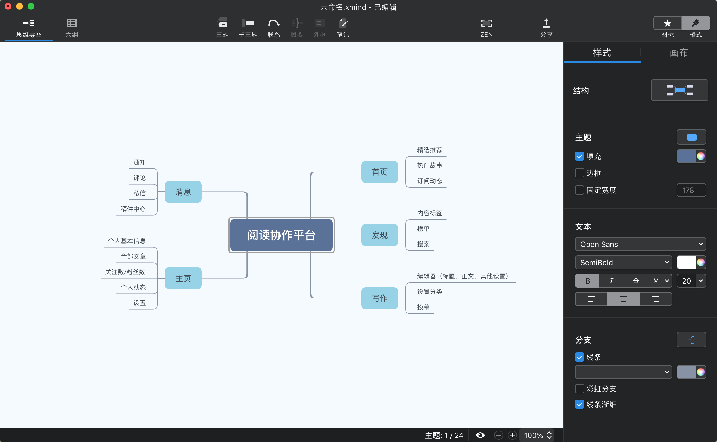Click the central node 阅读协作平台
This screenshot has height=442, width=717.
281,235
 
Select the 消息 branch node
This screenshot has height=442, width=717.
183,192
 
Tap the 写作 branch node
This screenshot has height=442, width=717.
379,298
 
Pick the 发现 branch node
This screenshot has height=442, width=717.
379,235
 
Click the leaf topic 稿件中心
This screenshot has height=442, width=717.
133,209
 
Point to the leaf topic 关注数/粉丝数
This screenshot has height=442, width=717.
125,272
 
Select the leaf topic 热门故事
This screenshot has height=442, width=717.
429,165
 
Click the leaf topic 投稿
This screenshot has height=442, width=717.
423,307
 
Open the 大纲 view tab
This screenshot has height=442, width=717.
71,28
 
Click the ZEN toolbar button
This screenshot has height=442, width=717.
486,28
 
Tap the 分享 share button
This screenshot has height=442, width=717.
546,28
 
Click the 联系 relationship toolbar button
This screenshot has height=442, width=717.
273,28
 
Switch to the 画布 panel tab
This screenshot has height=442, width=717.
679,53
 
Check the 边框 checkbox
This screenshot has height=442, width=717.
579,173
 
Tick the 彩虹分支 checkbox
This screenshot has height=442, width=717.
579,389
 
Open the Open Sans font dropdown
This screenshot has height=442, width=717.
640,244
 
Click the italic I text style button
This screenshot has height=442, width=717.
611,281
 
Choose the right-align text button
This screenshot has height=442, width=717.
656,299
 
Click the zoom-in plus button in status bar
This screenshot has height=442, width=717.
512,435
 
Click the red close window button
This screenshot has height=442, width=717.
8,6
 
